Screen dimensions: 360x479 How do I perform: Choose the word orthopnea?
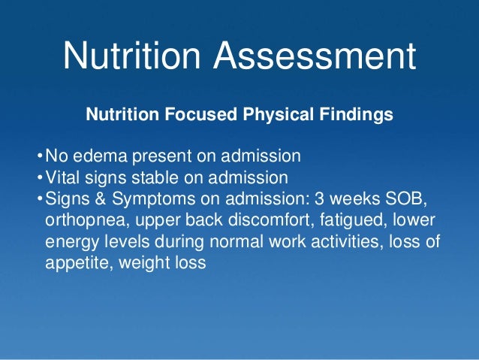coord(80,222)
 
